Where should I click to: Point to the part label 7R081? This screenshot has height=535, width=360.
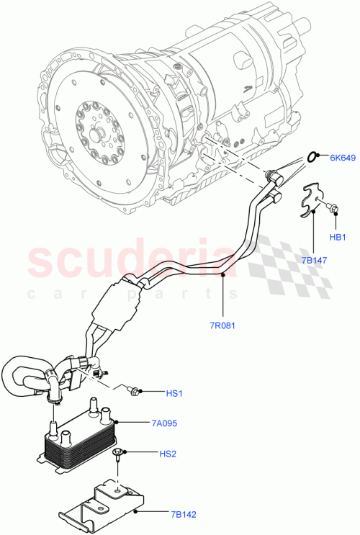[224, 325]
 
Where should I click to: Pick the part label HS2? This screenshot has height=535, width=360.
[167, 453]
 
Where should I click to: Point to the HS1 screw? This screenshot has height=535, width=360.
[134, 390]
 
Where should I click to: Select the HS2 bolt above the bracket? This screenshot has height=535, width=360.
[117, 453]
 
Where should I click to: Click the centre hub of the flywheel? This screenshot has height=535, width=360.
[95, 134]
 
